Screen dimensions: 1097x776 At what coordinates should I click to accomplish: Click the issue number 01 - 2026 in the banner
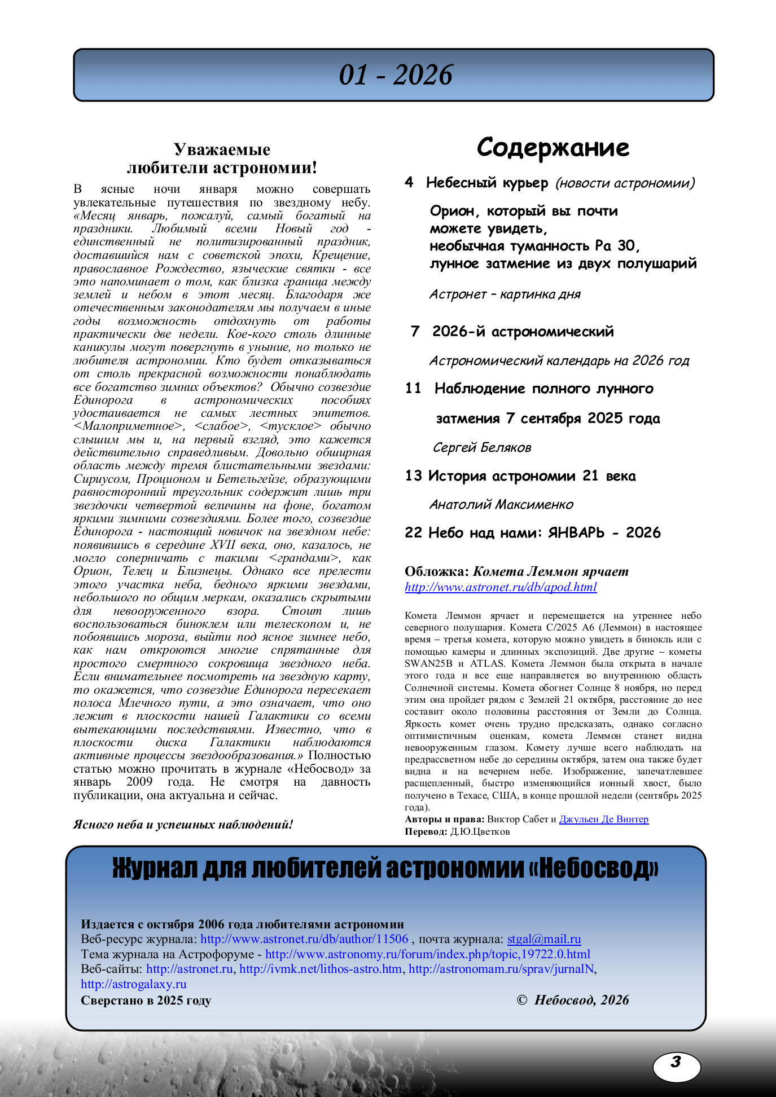click(x=395, y=75)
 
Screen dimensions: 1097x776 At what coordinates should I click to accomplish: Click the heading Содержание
click(x=553, y=148)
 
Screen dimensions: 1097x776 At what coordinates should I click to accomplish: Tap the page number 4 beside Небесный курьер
click(x=409, y=182)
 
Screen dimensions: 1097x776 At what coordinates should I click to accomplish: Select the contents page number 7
click(x=415, y=331)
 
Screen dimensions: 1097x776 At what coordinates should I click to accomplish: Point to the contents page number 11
click(x=413, y=388)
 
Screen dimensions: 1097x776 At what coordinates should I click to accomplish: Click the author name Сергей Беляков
click(x=481, y=448)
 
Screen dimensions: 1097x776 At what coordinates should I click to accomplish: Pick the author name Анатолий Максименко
click(x=501, y=504)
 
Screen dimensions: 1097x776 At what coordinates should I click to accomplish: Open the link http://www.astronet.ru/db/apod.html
click(x=501, y=587)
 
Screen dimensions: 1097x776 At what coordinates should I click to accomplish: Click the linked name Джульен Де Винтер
click(x=603, y=819)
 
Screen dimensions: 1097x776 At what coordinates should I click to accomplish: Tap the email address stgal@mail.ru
click(x=544, y=939)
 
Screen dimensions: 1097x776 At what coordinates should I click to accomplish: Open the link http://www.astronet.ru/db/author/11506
click(x=304, y=939)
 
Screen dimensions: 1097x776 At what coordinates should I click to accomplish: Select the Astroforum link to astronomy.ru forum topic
click(x=428, y=954)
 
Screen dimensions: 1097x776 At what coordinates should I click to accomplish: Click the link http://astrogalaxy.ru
click(x=133, y=984)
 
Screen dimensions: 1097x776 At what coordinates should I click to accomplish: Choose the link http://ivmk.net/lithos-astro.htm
click(x=321, y=969)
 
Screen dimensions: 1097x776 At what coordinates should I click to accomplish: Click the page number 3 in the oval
click(x=676, y=1063)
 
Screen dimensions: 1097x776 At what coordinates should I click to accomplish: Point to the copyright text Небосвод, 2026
click(x=581, y=1000)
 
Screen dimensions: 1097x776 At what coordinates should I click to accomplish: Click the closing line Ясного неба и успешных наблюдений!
click(x=183, y=825)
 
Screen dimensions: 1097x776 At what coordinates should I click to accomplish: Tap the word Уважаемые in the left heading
click(x=222, y=149)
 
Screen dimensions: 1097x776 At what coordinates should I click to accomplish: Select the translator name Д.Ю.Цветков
click(x=480, y=831)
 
